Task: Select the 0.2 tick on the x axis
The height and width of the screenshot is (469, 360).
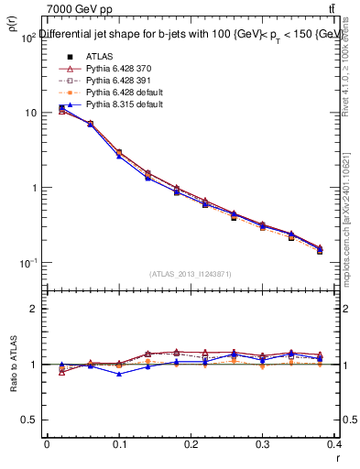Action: pos(191,444)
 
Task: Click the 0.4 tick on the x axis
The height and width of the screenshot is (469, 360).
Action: pos(334,444)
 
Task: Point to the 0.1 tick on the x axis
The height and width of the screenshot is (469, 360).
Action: pos(118,444)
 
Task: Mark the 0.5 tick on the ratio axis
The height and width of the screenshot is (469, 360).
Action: pos(30,420)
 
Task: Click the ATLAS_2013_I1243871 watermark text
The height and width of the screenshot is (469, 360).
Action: pos(191,274)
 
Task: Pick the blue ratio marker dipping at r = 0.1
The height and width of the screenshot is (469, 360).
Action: pos(119,374)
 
